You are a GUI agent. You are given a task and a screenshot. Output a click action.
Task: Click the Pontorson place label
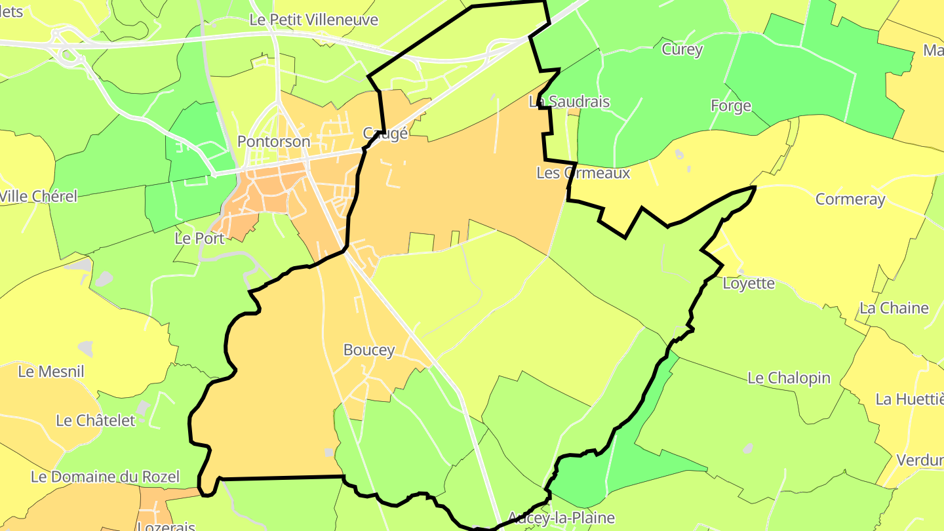tap(273, 142)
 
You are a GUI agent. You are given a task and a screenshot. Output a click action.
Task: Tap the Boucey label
tap(369, 350)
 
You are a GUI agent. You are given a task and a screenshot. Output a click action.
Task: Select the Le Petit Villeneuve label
tap(314, 20)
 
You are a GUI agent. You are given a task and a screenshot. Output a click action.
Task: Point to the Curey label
tap(682, 49)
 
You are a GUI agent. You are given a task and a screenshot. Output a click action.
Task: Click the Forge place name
tap(730, 106)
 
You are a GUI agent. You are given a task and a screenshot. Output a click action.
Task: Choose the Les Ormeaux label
tap(583, 173)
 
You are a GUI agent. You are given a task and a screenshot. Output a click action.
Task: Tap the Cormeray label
tap(850, 199)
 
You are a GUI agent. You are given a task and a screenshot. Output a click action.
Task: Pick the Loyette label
tap(749, 284)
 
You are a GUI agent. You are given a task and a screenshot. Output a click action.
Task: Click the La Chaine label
tap(894, 308)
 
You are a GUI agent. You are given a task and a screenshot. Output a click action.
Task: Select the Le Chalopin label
tap(789, 378)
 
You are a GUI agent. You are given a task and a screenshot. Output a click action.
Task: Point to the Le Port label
tap(199, 239)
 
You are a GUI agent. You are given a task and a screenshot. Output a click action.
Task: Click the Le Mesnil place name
tap(51, 372)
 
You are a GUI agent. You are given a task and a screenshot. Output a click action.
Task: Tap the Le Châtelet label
tap(96, 420)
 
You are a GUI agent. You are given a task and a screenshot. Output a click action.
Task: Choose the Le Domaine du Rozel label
tap(105, 477)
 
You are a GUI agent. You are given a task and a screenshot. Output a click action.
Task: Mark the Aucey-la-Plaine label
tap(561, 518)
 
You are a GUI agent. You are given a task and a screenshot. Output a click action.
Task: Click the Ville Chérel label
tap(39, 196)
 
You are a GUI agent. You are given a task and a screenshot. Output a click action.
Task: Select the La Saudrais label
tap(569, 102)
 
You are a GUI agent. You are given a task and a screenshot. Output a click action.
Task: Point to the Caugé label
tap(385, 134)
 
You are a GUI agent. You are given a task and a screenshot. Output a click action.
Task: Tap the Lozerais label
tap(167, 526)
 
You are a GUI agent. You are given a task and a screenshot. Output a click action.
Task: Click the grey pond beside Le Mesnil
tap(85, 346)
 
